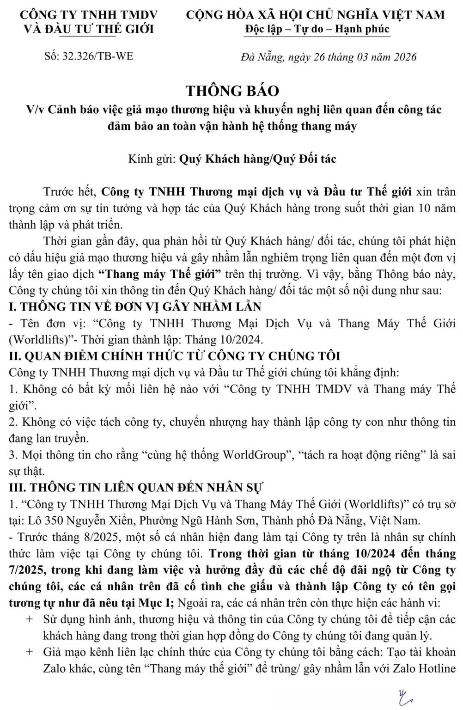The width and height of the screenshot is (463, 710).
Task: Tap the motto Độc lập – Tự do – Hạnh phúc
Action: pyautogui.click(x=318, y=29)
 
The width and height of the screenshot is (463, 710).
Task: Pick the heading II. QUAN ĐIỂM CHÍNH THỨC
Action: pyautogui.click(x=175, y=356)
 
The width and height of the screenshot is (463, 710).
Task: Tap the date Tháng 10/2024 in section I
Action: pyautogui.click(x=224, y=340)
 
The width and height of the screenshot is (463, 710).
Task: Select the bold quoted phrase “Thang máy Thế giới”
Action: pyautogui.click(x=160, y=274)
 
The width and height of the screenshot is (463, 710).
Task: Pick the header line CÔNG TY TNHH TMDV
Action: pyautogui.click(x=89, y=14)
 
